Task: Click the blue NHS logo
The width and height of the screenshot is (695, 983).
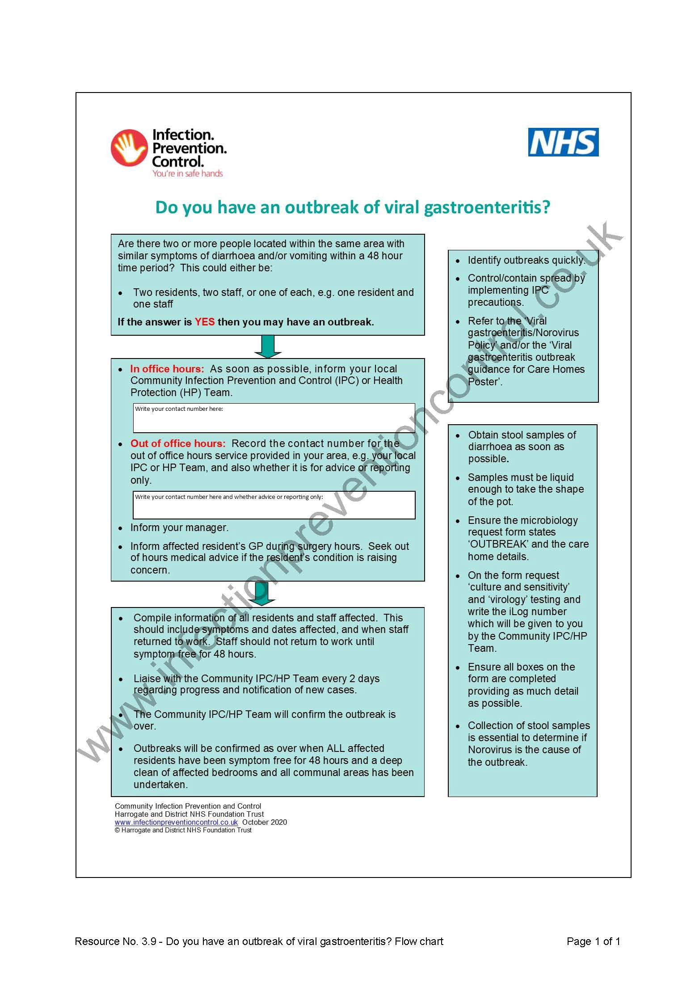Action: point(563,142)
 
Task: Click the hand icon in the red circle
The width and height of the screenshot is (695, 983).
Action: point(129,148)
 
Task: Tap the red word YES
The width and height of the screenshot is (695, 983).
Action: point(204,322)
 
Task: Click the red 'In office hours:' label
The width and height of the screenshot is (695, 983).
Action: point(167,369)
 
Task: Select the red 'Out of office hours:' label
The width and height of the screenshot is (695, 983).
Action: point(178,443)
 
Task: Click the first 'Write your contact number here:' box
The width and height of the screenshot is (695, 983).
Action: point(274,418)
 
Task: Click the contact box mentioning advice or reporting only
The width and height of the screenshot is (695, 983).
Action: point(274,505)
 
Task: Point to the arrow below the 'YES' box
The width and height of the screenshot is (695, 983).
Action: point(268,346)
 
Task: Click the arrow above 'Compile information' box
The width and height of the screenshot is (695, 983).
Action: point(262,594)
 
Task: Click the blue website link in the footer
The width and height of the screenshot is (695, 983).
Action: point(176,822)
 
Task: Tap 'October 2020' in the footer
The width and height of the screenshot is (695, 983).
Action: point(265,822)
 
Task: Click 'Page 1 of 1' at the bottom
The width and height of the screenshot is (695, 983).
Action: point(593,941)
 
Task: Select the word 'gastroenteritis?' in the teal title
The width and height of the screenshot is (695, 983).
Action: point(487,207)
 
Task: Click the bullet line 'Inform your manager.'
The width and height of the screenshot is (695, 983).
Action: point(179,527)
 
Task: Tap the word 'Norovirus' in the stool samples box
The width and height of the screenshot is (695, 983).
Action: point(489,750)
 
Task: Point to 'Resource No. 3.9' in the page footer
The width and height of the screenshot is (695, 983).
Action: point(115,941)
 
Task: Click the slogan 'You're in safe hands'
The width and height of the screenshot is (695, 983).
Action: point(187,173)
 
